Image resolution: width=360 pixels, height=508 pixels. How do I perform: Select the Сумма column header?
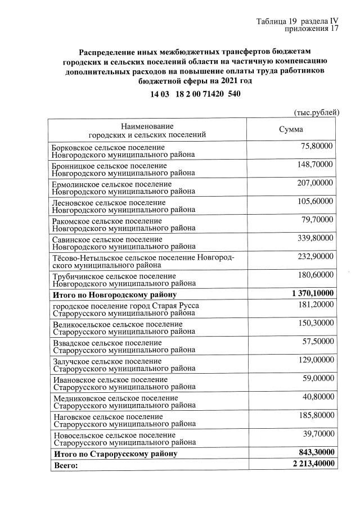coord(291,129)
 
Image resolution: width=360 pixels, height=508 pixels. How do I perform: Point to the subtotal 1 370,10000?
coord(313,293)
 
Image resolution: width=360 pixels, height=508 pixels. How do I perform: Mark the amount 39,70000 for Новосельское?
coord(317,434)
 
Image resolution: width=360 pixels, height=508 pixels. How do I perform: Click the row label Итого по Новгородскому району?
coord(115,294)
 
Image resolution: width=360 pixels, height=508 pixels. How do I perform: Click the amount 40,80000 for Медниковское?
coord(317,397)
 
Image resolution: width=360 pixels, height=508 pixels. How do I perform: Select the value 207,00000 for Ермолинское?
coord(316,183)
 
